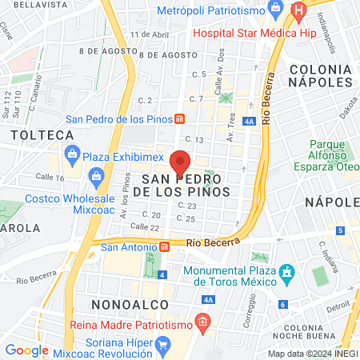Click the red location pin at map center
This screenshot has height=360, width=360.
click(180, 162)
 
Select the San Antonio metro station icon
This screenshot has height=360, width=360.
click(163, 246)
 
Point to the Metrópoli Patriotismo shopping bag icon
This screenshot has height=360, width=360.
click(276, 10)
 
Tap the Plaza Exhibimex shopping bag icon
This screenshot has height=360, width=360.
click(72, 153)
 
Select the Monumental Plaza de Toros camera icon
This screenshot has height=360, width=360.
click(286, 277)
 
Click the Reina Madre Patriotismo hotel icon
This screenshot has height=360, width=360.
click(202, 323)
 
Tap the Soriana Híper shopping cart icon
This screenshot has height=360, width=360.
click(164, 346)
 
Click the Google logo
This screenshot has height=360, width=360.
click(26, 350)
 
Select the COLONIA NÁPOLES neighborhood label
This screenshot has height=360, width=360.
click(321, 76)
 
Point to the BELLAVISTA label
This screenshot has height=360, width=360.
click(25, 4)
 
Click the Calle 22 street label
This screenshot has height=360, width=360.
click(144, 226)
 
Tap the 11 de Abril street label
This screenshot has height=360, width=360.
click(150, 34)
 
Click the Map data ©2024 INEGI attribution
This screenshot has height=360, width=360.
click(312, 354)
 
